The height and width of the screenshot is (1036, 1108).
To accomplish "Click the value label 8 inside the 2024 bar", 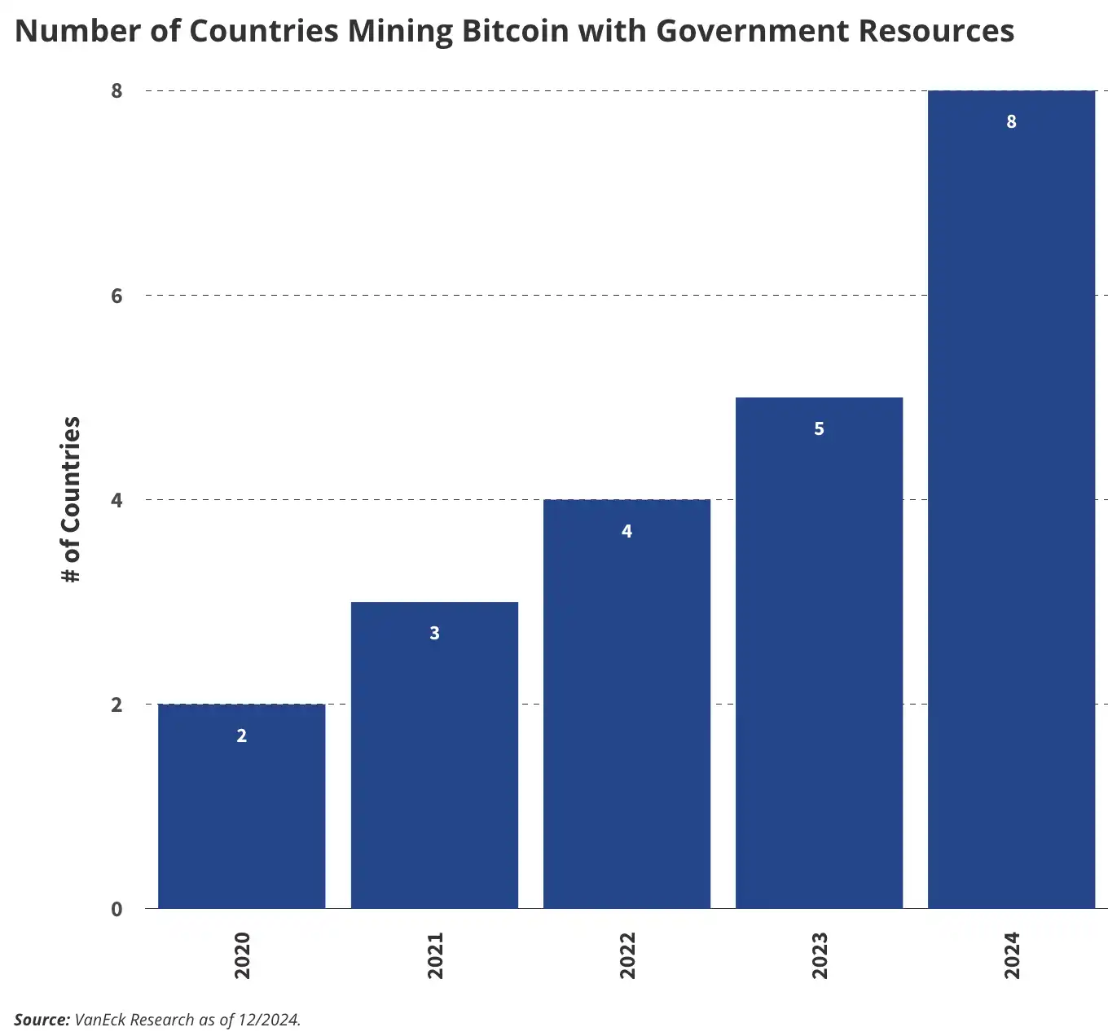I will (x=1011, y=122).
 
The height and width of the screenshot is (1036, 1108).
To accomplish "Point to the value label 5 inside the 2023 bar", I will (x=819, y=429).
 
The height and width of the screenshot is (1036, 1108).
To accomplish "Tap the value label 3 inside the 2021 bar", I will (x=434, y=634).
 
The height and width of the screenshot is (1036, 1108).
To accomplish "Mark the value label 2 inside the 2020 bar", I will (x=241, y=736).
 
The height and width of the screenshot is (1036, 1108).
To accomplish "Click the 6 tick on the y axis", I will (x=117, y=296).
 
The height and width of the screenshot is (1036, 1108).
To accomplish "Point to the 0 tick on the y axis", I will (x=117, y=909).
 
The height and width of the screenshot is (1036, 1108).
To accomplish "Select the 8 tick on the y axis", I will (x=117, y=91).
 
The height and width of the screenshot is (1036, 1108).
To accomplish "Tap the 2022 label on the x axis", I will (x=627, y=955).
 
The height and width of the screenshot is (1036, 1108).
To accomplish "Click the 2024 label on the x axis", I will (x=1012, y=955).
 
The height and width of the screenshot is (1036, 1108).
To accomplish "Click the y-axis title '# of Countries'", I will (x=72, y=499).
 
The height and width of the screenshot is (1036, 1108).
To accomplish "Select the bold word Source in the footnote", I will (x=42, y=1020).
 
